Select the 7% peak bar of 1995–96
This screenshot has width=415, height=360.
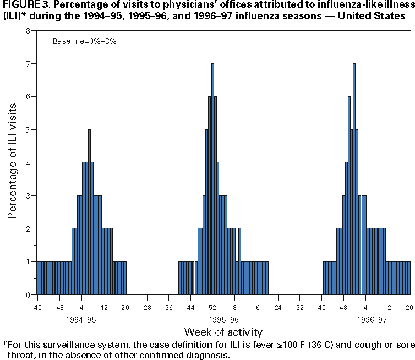tap(212, 179)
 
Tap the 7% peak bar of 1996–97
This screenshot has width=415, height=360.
tap(354, 179)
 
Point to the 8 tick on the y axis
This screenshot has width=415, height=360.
tap(28, 31)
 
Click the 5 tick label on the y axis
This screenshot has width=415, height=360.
tap(28, 130)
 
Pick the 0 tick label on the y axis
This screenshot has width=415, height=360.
tap(28, 295)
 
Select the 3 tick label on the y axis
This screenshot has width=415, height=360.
tap(28, 196)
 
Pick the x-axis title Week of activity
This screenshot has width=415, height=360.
tap(223, 332)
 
